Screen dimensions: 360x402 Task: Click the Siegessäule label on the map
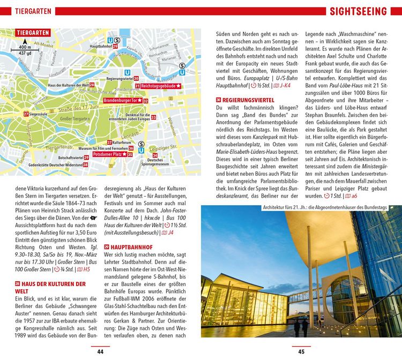(x=40, y=114)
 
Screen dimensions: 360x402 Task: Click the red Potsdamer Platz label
(x=109, y=154)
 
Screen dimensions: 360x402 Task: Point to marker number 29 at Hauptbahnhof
(x=115, y=47)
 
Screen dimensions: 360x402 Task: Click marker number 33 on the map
(x=153, y=117)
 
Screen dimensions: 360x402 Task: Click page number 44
(x=100, y=351)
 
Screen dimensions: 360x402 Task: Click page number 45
(x=301, y=351)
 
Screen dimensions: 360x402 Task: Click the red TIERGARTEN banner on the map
(x=33, y=33)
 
